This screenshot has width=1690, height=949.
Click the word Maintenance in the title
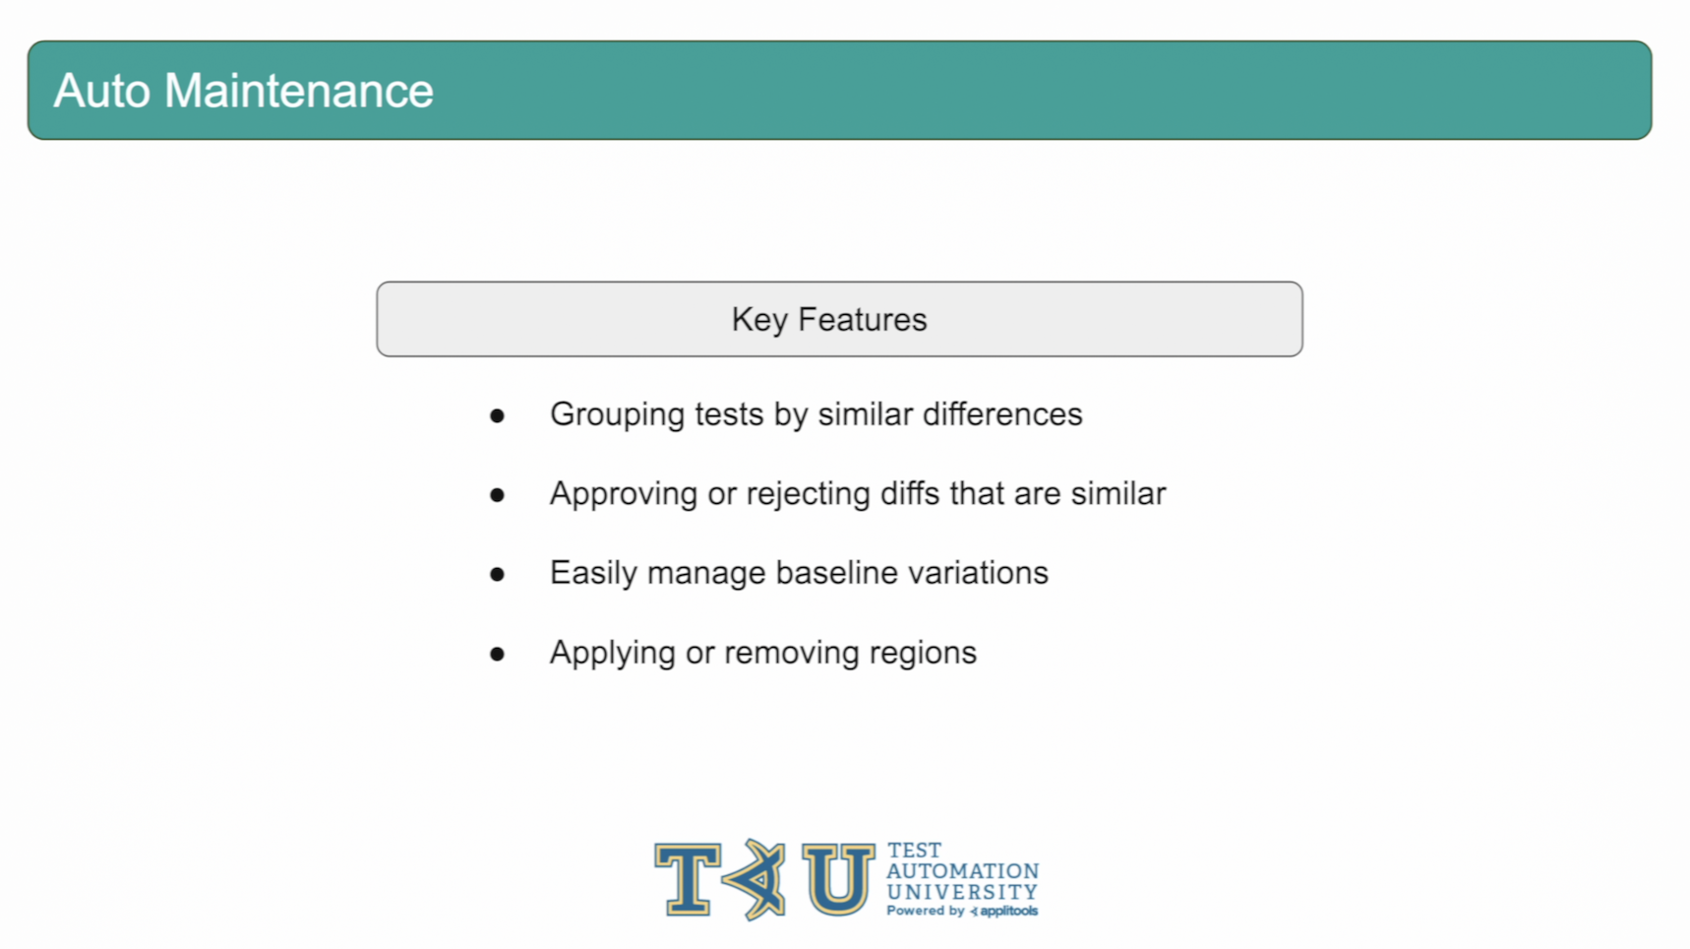tap(298, 91)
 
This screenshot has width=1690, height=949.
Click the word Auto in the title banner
tap(102, 91)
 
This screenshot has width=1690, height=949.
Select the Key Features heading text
tap(829, 320)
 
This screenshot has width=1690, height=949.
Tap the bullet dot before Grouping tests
tap(497, 416)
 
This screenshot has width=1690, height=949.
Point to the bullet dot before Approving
tap(497, 495)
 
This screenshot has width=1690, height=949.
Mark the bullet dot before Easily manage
tap(497, 574)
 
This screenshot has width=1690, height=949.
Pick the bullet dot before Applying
tap(497, 654)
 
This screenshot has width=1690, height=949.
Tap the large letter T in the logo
tap(687, 879)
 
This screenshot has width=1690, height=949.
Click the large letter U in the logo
tap(838, 879)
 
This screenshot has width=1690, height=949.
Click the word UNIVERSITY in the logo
tap(962, 892)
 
